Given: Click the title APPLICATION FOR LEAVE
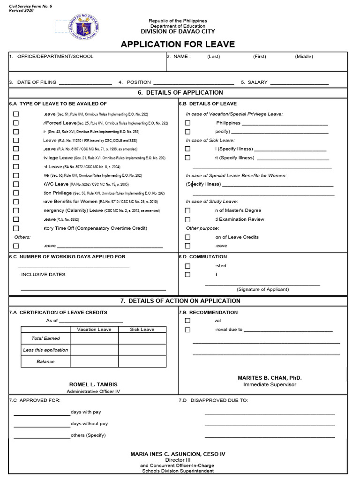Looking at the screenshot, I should [178, 45].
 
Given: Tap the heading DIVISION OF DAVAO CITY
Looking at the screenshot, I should [178, 31].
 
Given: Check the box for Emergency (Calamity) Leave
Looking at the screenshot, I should [16, 210].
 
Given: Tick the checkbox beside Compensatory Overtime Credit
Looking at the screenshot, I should [16, 228].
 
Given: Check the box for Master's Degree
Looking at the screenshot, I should [187, 210].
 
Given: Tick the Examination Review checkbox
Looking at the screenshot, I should [187, 219].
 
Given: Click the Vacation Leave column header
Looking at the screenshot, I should [94, 330].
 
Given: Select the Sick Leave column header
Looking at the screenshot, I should [142, 330].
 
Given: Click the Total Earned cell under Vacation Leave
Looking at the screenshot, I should [94, 338].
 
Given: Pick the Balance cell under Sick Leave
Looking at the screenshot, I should [142, 361].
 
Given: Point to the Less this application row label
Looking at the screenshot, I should [45, 350].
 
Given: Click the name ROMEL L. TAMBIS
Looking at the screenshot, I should [93, 384].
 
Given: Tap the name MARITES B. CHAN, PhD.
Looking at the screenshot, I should [270, 377].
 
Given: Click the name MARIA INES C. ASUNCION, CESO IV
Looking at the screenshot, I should [178, 454].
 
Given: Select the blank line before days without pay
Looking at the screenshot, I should [42, 426].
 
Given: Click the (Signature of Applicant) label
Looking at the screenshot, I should [262, 289].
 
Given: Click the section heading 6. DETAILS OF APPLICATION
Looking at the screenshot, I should [180, 92].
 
